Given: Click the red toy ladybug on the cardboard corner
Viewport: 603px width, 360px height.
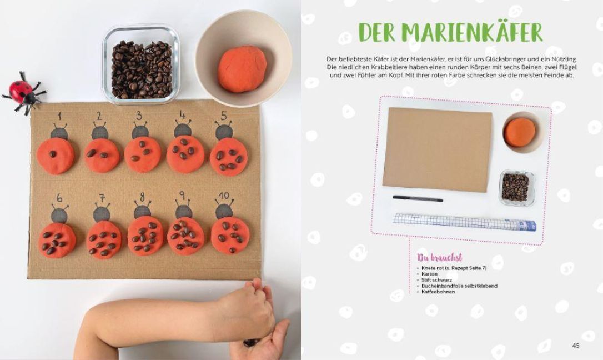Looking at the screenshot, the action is pyautogui.click(x=23, y=92).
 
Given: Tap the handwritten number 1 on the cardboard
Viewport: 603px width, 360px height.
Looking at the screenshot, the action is pyautogui.click(x=59, y=116).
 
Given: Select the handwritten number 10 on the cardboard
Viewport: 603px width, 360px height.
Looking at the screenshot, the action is pyautogui.click(x=224, y=196).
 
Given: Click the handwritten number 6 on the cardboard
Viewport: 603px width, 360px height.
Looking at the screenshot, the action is pyautogui.click(x=59, y=198).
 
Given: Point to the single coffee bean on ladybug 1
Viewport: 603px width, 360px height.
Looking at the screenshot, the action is pyautogui.click(x=53, y=154).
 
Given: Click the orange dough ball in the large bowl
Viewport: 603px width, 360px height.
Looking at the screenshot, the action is pyautogui.click(x=242, y=69).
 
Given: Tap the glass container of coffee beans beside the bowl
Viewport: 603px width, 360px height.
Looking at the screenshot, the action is pyautogui.click(x=140, y=64).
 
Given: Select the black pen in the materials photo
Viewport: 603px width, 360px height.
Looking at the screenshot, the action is pyautogui.click(x=418, y=198).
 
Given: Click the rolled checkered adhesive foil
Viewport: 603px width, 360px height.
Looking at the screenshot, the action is pyautogui.click(x=464, y=222).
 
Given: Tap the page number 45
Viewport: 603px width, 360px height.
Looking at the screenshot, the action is pyautogui.click(x=576, y=346).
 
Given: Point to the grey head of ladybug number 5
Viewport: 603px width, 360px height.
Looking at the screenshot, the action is pyautogui.click(x=224, y=132).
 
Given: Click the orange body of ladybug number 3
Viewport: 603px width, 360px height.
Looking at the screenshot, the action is pyautogui.click(x=143, y=154).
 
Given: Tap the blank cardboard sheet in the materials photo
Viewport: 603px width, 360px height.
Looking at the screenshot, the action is pyautogui.click(x=437, y=149).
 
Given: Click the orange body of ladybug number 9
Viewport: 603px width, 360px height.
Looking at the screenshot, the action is pyautogui.click(x=186, y=236).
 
